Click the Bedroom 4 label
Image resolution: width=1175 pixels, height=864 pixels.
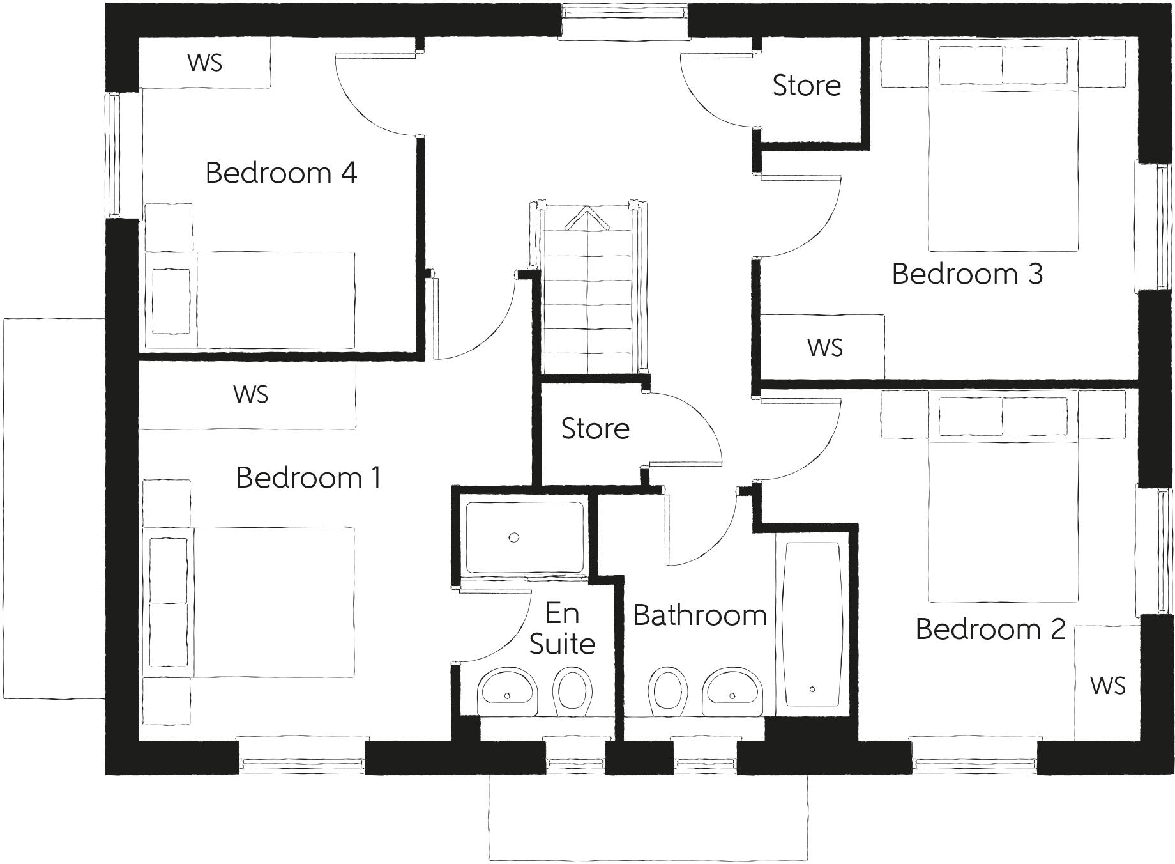coord(281,173)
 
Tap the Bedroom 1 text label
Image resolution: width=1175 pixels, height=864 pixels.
coord(308,478)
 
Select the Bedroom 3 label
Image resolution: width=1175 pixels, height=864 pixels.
coord(967,274)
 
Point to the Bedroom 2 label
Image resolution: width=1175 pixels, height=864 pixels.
coord(990,629)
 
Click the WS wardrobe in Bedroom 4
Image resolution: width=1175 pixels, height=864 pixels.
coord(205,63)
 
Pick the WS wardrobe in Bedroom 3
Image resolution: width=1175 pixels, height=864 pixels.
coord(824,348)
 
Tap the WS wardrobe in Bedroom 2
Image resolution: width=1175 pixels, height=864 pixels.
coord(1107,686)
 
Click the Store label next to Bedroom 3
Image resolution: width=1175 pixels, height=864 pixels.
coord(807,86)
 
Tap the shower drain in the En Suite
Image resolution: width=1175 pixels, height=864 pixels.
coord(513,537)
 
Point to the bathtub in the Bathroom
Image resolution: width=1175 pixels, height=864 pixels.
coord(812,624)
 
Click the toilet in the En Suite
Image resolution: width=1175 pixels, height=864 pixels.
coord(572,691)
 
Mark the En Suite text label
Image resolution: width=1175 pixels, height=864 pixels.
coord(562,629)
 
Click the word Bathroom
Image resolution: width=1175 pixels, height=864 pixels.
coord(700,615)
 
